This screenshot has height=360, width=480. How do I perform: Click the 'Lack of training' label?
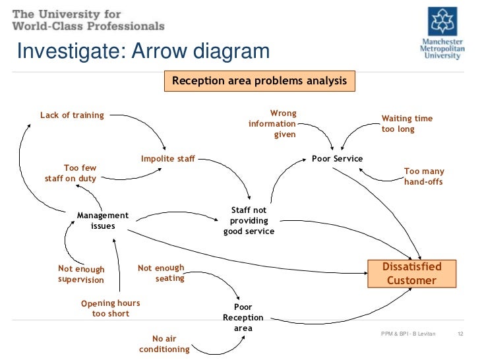point(72,115)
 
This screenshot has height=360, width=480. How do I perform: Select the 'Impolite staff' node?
point(167,159)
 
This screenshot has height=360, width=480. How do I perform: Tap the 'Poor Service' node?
point(337,159)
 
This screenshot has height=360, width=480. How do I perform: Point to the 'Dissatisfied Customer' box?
point(411,274)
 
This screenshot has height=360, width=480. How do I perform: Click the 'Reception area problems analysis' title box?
point(259,81)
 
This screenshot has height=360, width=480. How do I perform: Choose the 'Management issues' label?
point(103,220)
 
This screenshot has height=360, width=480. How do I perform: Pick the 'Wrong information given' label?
point(273,124)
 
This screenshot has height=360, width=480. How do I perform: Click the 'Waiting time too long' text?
point(407,124)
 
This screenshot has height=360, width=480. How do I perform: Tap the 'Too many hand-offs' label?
point(423,176)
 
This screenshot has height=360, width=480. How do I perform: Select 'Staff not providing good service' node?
point(249,221)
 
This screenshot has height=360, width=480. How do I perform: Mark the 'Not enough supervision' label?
point(81,274)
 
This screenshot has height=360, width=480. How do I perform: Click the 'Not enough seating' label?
point(162,273)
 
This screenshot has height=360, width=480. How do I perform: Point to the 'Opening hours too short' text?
point(110,309)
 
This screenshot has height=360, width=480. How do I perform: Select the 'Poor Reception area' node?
point(243,318)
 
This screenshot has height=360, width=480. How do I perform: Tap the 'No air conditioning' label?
point(165,344)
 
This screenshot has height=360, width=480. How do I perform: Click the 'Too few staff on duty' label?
point(71,173)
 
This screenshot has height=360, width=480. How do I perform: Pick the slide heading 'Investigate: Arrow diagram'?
point(142,51)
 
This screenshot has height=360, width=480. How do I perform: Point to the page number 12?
point(462,335)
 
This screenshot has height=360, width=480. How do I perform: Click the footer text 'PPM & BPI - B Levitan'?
point(408,335)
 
